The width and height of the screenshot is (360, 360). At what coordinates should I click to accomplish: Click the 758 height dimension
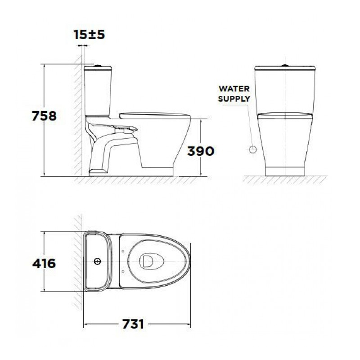(44, 116)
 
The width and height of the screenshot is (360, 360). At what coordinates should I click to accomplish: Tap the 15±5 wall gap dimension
(89, 35)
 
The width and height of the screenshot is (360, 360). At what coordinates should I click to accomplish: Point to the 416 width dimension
(44, 263)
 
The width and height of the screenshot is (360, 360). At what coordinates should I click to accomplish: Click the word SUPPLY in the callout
(234, 99)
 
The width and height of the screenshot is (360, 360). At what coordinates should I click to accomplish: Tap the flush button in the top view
(97, 261)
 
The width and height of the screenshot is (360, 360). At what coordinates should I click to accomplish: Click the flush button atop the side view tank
(96, 66)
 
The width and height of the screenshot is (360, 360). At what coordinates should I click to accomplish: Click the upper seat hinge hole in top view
(123, 251)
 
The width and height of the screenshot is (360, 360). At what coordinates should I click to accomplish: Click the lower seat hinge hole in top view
(123, 271)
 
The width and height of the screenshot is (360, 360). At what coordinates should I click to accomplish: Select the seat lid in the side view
(153, 113)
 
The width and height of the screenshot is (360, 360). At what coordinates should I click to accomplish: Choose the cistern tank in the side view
(96, 90)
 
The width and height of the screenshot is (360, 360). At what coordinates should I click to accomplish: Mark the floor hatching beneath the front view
(284, 180)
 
